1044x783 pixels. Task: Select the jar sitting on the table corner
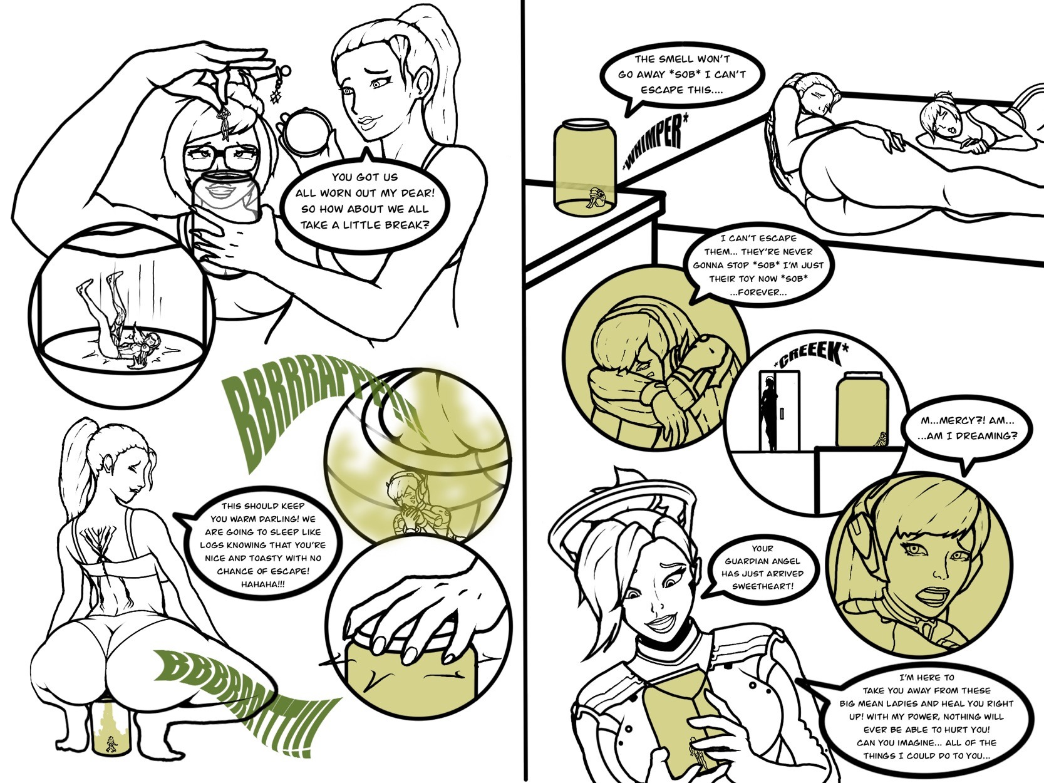[584, 166]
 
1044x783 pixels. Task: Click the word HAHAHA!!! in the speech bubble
[262, 584]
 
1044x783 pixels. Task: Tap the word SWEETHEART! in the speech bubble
[762, 586]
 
